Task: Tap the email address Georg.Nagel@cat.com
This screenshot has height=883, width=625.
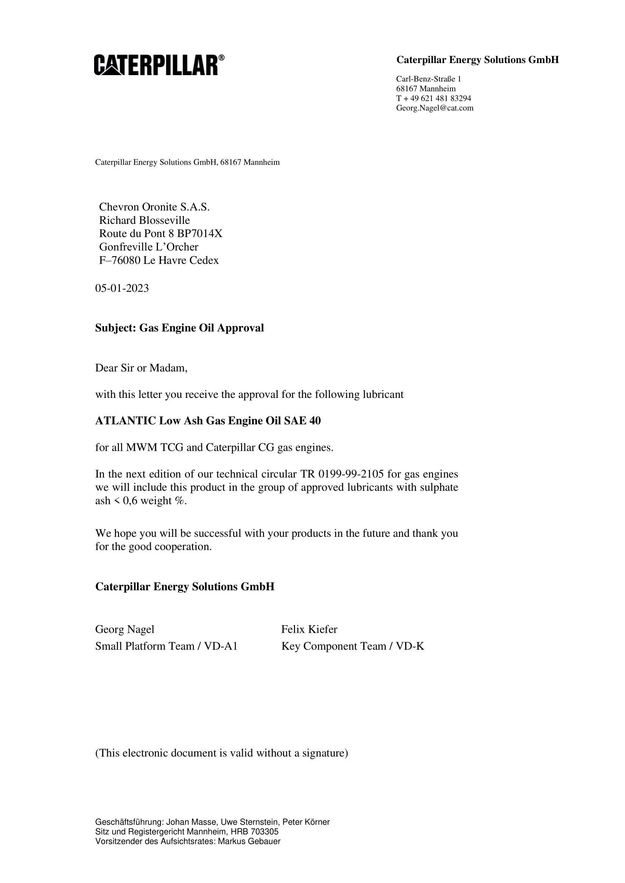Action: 435,108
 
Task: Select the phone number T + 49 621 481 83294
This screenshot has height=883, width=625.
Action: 433,99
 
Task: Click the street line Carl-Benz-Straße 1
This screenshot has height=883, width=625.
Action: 429,79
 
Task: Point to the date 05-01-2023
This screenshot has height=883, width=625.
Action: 122,288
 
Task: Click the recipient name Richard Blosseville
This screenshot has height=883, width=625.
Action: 144,220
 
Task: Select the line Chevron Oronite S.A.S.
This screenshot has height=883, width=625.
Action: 154,207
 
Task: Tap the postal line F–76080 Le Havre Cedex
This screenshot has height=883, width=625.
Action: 159,260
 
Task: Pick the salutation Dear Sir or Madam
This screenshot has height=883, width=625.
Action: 141,368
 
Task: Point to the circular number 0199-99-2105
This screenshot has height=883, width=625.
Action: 351,474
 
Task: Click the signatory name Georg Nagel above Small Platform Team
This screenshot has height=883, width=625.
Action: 125,629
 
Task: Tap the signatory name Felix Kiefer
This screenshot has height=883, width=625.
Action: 309,629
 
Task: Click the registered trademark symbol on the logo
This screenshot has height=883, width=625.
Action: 221,57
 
